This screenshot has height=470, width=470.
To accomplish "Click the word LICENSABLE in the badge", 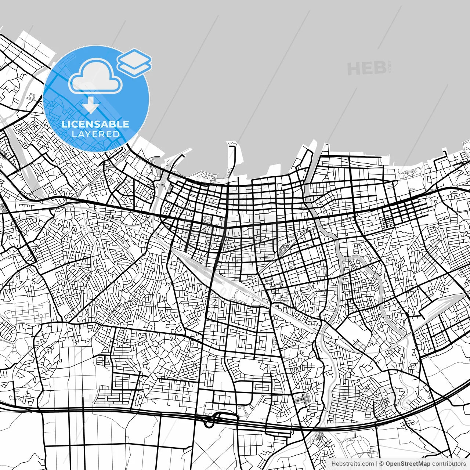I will tap(95, 124).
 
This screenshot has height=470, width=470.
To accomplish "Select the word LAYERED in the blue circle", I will tap(95, 134).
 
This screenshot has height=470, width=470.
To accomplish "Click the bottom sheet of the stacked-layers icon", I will tap(134, 68).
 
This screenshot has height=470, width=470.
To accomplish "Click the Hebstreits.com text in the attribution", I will tap(352, 464).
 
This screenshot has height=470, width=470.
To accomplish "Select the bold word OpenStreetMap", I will tap(408, 464).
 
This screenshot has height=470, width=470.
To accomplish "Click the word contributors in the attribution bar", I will tap(449, 464).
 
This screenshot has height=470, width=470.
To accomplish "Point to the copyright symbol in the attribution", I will tap(382, 464).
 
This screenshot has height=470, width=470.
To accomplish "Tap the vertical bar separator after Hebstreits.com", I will tap(377, 464).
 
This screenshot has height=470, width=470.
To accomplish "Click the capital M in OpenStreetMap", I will tap(421, 464).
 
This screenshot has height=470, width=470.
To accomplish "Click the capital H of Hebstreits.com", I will tap(333, 464).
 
